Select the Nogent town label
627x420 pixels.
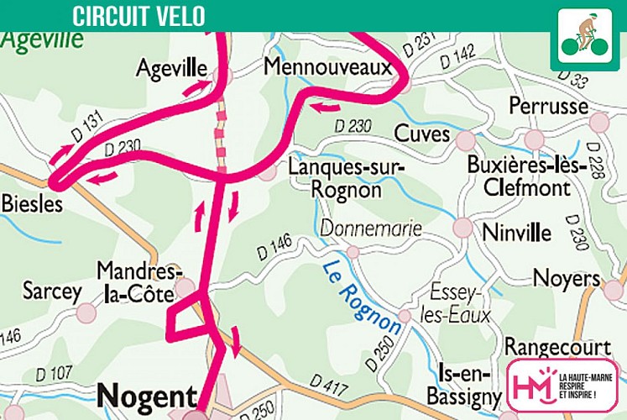click(148, 395)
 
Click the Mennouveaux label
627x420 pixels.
click(328, 66)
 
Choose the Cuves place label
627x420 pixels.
click(422, 135)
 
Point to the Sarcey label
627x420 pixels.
click(52, 292)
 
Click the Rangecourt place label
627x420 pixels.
click(556, 347)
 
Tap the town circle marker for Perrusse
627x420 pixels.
click(598, 123)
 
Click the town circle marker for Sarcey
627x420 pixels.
click(86, 313)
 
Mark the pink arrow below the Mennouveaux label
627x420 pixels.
click(326, 107)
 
